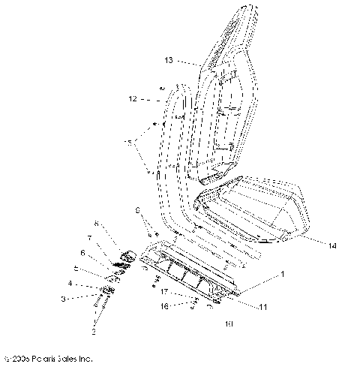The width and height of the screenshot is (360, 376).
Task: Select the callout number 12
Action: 132,98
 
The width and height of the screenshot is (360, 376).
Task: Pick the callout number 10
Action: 208,326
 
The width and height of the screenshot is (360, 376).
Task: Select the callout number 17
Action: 162,291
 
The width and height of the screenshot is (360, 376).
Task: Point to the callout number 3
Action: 84,298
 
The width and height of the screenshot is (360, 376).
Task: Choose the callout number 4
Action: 91,284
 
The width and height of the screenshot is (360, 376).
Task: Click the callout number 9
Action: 138,209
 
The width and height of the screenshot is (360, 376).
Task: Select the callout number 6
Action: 83,253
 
